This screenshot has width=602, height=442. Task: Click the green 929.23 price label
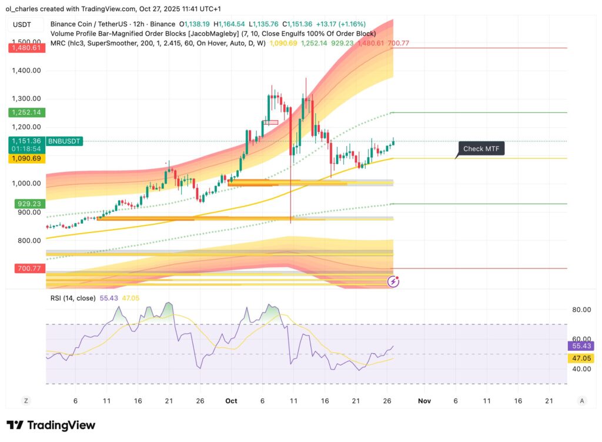pos(29,204)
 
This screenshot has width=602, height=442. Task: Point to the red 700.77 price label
pos(29,268)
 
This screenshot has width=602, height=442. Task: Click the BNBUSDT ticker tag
pos(65,141)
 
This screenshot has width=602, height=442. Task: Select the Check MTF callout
pos(481,149)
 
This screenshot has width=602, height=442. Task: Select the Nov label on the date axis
pos(424,401)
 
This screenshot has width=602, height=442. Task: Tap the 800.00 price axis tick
pos(29,240)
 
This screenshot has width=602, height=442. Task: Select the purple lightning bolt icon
pos(393,282)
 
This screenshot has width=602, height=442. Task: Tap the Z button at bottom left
pos(26,401)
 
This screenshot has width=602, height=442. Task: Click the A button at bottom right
pos(582,401)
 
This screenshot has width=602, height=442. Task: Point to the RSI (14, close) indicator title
pos(72,298)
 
